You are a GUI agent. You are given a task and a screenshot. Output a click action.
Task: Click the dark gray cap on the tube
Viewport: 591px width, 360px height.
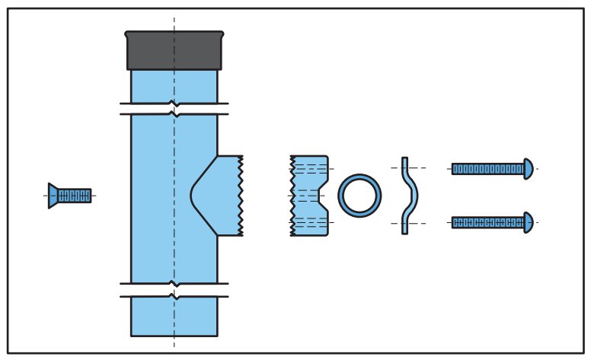pos(174,52)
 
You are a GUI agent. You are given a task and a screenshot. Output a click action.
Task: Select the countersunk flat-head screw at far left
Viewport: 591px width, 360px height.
pos(69,196)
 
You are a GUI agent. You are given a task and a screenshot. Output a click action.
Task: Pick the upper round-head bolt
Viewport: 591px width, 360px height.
pos(491,169)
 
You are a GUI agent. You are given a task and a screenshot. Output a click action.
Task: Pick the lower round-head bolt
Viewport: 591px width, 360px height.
pos(491,222)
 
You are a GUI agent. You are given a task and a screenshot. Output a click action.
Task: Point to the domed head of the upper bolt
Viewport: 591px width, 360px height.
pos(529,169)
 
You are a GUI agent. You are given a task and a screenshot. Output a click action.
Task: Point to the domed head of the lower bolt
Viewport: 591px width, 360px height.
pos(529,222)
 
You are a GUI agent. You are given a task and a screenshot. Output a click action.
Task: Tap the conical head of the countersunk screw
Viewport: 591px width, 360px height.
pos(53,196)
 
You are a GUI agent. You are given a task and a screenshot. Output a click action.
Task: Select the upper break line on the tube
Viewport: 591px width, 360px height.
pos(174,109)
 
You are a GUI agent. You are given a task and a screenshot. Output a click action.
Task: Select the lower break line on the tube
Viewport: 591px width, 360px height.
pos(174,290)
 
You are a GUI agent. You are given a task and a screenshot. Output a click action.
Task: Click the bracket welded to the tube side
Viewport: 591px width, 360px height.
pos(221,196)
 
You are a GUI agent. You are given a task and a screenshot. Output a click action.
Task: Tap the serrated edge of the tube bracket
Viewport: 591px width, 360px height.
pos(241,196)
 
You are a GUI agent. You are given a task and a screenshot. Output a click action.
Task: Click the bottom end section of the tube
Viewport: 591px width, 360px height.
pos(174,317)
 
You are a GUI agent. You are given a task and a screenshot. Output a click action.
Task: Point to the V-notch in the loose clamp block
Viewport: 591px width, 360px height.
pos(322,196)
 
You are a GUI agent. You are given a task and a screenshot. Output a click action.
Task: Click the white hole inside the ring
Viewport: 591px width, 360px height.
pos(359,196)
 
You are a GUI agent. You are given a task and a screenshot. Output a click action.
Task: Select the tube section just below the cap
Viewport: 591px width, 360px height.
pos(174,86)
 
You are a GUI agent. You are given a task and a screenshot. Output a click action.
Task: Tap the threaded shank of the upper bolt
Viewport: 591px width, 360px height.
pos(487,169)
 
